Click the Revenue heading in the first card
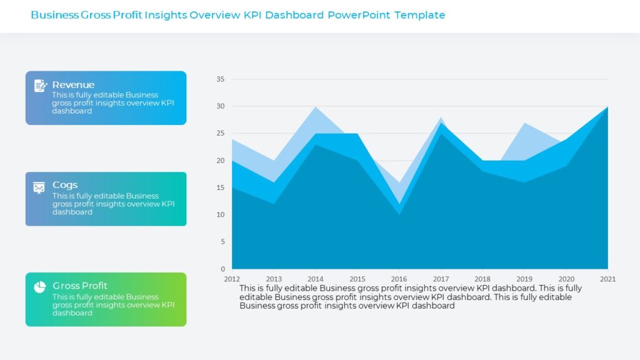[73, 85]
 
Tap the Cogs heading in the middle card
[65, 185]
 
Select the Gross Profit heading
[80, 286]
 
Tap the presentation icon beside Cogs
[39, 187]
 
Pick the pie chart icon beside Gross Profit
[40, 287]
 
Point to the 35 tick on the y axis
[220, 79]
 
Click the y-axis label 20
[220, 161]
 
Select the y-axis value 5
[222, 242]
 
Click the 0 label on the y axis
[222, 269]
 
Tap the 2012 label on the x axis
[232, 279]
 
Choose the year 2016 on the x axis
[399, 279]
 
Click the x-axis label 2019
[524, 279]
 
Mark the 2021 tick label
[607, 279]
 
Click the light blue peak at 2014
[316, 110]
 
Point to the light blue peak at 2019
[524, 126]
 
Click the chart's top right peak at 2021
[607, 108]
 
